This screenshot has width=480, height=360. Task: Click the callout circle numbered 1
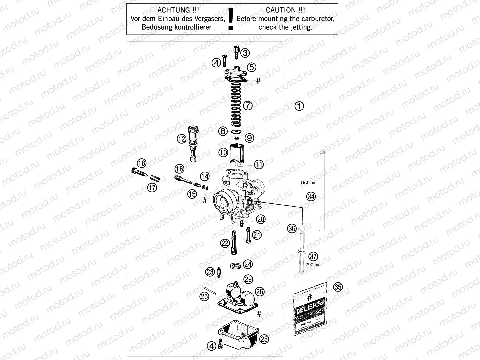299,106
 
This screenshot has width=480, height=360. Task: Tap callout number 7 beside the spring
247,105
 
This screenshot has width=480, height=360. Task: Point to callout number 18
142,163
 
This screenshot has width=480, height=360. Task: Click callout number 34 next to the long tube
311,196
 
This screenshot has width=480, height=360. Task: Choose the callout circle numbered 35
338,287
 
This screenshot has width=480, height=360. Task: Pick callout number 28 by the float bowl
264,339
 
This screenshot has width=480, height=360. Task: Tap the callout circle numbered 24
247,264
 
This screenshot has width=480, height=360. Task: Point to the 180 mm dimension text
309,183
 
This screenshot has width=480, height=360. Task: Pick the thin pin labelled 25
209,290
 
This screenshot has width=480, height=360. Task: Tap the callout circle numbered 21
257,235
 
